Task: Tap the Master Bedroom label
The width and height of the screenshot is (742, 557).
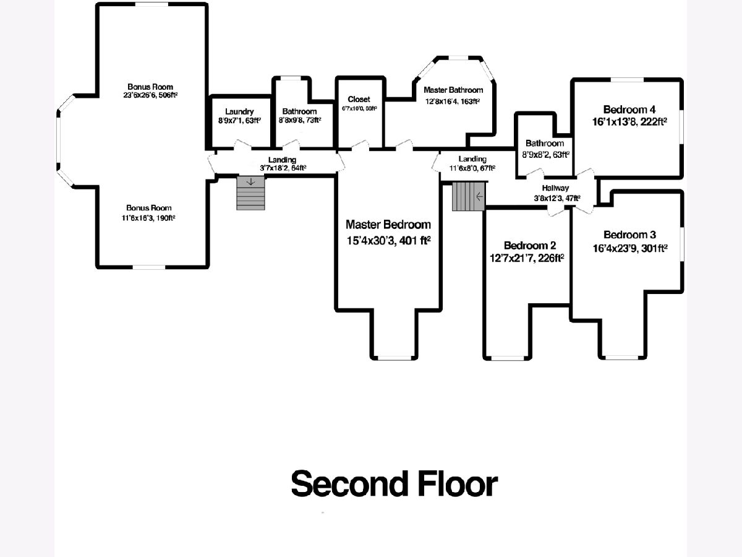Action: tap(388, 225)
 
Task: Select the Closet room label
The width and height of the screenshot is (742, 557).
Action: tap(359, 99)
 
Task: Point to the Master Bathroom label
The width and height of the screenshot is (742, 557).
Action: tap(453, 90)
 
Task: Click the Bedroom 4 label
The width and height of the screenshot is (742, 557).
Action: tap(629, 106)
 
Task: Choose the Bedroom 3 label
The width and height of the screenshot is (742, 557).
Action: tap(629, 235)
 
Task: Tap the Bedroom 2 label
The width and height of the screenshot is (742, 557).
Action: tap(526, 245)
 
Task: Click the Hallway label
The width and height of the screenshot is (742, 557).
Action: tap(555, 188)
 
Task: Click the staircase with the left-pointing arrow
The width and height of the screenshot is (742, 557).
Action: tap(469, 196)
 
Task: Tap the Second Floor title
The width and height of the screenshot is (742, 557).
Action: tap(394, 484)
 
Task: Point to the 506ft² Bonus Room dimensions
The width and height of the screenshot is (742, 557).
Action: tap(150, 95)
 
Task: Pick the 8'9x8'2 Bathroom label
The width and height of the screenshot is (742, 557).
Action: tap(544, 154)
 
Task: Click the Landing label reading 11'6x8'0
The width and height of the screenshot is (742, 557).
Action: tap(472, 168)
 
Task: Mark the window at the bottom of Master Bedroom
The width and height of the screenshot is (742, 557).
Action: tap(394, 358)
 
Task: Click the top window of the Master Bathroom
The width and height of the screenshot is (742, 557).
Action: tap(458, 58)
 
